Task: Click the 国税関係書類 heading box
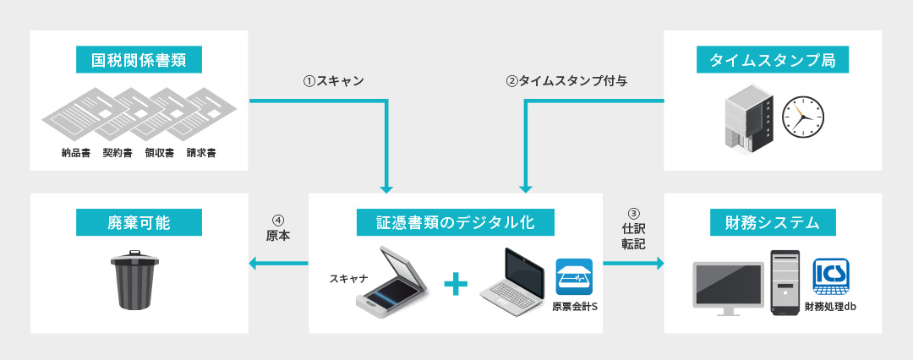point(139,61)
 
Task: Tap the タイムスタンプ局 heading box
point(773,61)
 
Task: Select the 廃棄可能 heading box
point(139,223)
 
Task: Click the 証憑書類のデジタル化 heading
point(456,223)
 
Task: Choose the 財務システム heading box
point(773,223)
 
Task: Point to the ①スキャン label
point(333,82)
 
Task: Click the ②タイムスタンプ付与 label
point(566,82)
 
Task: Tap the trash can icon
point(135,281)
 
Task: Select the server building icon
point(749,118)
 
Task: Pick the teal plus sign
point(456,284)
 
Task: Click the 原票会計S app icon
point(574,277)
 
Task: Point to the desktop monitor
point(728,287)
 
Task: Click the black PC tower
point(785,282)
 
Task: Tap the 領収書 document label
point(159,154)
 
